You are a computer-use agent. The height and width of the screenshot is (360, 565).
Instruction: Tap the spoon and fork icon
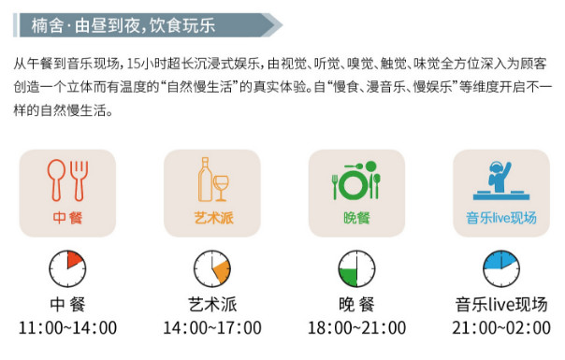66,179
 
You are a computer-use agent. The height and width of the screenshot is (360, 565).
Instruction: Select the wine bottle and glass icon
211,179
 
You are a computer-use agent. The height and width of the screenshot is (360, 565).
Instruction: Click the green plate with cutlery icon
356,179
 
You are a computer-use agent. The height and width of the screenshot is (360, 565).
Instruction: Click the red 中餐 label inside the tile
67,217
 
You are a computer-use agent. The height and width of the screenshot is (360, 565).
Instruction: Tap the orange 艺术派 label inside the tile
211,217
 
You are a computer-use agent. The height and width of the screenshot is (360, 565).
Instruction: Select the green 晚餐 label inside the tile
356,217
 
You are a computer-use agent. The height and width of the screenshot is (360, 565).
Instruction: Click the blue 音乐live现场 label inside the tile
501,218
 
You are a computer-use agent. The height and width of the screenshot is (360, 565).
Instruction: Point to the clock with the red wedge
67,267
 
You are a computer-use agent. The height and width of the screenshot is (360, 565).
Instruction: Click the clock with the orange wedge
211,267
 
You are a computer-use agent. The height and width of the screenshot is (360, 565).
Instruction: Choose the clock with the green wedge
356,267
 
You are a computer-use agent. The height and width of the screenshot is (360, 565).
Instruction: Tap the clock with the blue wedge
500,267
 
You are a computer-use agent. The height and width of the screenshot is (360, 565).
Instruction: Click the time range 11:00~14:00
67,328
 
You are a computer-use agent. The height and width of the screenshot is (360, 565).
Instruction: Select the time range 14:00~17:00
212,328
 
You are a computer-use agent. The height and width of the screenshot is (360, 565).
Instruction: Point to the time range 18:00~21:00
356,328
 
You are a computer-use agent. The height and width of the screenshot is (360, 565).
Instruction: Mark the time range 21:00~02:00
501,328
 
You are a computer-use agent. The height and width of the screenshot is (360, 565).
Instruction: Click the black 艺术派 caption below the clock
212,306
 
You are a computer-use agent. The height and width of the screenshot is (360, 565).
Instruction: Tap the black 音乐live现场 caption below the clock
501,306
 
